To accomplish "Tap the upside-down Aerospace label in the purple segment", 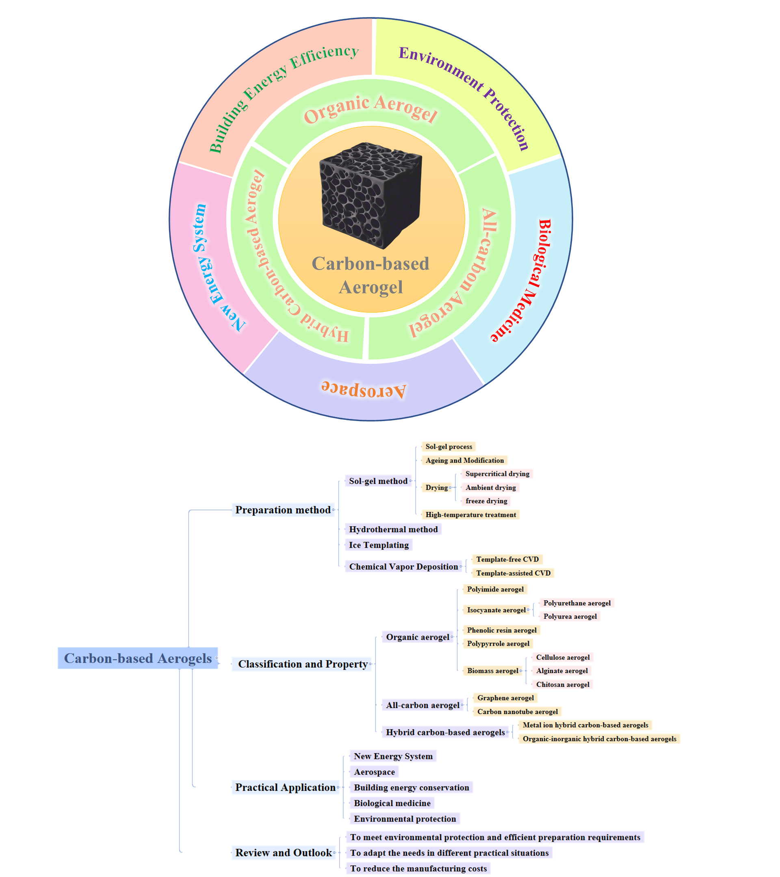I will pyautogui.click(x=363, y=389).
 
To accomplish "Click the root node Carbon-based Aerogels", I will pyautogui.click(x=138, y=658).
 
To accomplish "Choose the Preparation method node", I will pyautogui.click(x=283, y=510).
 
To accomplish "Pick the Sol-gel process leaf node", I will pyautogui.click(x=448, y=447).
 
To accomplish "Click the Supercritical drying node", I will pyautogui.click(x=497, y=474).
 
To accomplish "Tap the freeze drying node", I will pyautogui.click(x=486, y=501).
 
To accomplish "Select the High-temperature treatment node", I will pyautogui.click(x=470, y=514).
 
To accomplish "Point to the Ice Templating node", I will pyautogui.click(x=379, y=545).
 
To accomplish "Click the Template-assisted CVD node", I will pyautogui.click(x=513, y=573).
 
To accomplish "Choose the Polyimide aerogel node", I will pyautogui.click(x=495, y=589).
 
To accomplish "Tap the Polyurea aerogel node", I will pyautogui.click(x=570, y=616).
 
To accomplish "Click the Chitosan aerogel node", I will pyautogui.click(x=563, y=685).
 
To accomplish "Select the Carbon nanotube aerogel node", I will pyautogui.click(x=517, y=711).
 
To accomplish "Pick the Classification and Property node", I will pyautogui.click(x=303, y=664).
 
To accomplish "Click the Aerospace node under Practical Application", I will pyautogui.click(x=374, y=772).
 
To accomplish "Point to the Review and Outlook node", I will pyautogui.click(x=283, y=853).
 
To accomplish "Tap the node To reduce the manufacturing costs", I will pyautogui.click(x=418, y=868).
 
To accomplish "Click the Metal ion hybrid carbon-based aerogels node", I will pyautogui.click(x=585, y=725).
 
